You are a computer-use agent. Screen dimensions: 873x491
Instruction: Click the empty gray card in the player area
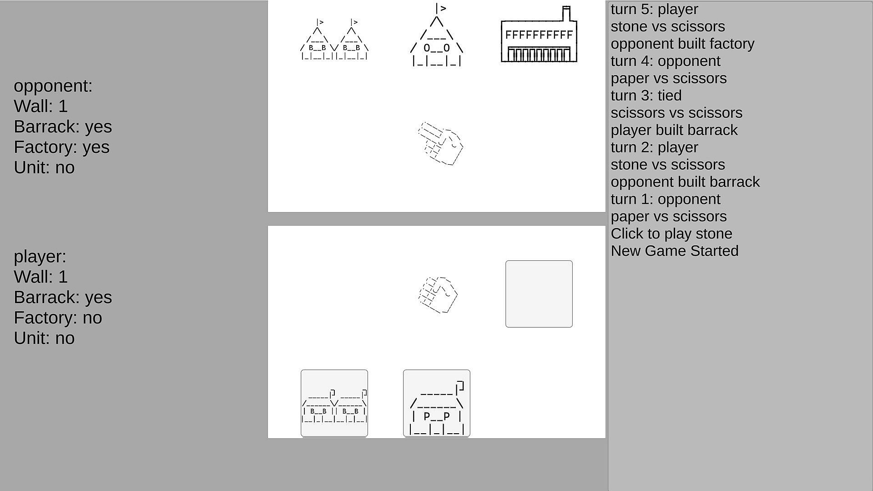pos(539,294)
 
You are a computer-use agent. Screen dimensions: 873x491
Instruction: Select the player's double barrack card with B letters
pos(334,403)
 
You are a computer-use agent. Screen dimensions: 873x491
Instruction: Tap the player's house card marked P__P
pos(437,403)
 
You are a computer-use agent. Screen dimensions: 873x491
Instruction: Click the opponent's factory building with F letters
pos(539,34)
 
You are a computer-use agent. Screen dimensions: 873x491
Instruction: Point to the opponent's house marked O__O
pos(437,35)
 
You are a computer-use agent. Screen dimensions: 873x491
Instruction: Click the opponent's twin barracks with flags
pos(334,40)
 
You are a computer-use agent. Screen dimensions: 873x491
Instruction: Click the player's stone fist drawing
pos(438,294)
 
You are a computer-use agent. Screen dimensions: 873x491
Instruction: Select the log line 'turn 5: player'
pos(654,9)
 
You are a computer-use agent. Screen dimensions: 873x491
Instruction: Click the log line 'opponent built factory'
pos(682,44)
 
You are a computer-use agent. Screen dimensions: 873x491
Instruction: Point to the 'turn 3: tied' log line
pos(646,96)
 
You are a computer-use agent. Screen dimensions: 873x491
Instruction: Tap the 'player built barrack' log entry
pos(674,130)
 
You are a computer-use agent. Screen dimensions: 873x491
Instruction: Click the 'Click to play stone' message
pos(671,234)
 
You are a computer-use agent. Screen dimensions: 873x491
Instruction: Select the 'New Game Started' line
pos(675,251)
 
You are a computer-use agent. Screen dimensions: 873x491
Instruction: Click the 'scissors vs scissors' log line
pos(676,113)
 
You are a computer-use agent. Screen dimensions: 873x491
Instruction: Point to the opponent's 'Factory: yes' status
pos(62,147)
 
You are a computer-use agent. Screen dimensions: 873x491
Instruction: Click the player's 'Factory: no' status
pos(58,318)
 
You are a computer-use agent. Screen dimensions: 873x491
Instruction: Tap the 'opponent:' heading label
pos(53,86)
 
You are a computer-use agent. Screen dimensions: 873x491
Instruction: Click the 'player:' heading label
pos(40,257)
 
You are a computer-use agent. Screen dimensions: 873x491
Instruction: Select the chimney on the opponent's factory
pos(566,13)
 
